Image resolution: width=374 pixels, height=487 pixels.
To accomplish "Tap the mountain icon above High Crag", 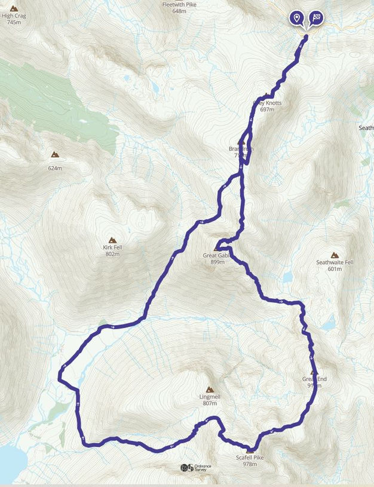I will tap(14, 8).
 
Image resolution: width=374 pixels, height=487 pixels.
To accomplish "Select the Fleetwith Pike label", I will tap(179, 4).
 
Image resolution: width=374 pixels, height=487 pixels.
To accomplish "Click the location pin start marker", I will tap(296, 17).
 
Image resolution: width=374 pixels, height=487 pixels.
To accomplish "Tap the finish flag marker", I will tap(315, 17).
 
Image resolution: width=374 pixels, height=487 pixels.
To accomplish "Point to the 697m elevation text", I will tap(267, 109).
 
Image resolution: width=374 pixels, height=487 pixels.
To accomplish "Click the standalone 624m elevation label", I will tap(55, 168).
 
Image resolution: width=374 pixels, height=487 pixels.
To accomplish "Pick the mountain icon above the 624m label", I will tap(55, 155).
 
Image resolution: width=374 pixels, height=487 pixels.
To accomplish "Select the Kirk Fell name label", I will tap(112, 247).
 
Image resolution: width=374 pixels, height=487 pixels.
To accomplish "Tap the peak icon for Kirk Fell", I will tap(112, 239).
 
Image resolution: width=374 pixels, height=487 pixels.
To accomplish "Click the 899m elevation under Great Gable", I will tap(217, 262).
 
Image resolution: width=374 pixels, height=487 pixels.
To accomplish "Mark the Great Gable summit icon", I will tap(217, 247).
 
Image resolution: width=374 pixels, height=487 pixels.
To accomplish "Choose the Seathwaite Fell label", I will tap(335, 262).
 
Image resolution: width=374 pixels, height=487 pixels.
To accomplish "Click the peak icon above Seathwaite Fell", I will tap(335, 255).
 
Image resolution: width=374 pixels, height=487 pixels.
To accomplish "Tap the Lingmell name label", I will tap(209, 396).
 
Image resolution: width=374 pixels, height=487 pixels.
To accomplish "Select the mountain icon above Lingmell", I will tap(209, 388).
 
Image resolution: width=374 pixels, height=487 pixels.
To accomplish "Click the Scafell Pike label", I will tap(250, 457).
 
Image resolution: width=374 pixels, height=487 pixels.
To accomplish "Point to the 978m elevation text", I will tap(250, 464).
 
